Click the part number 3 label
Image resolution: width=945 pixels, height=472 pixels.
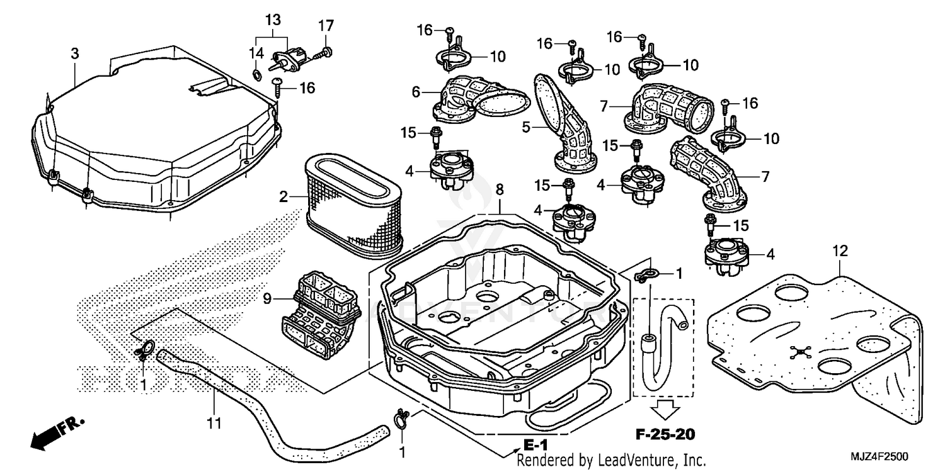pos(75,54)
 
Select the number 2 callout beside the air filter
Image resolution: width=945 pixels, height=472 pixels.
pos(285,197)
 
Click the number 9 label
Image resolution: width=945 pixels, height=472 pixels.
pos(268,300)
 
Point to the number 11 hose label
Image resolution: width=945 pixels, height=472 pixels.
pos(214,424)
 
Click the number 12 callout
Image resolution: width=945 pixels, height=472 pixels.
pos(840,252)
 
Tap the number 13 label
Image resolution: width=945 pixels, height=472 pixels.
pos(272,20)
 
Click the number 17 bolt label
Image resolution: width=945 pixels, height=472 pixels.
pos(325,26)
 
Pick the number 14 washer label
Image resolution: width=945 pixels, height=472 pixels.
pos(256,54)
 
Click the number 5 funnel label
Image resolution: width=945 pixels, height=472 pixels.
pos(526,126)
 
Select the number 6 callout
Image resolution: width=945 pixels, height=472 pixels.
pos(416,92)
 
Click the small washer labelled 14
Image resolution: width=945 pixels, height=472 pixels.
pos(257,76)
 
